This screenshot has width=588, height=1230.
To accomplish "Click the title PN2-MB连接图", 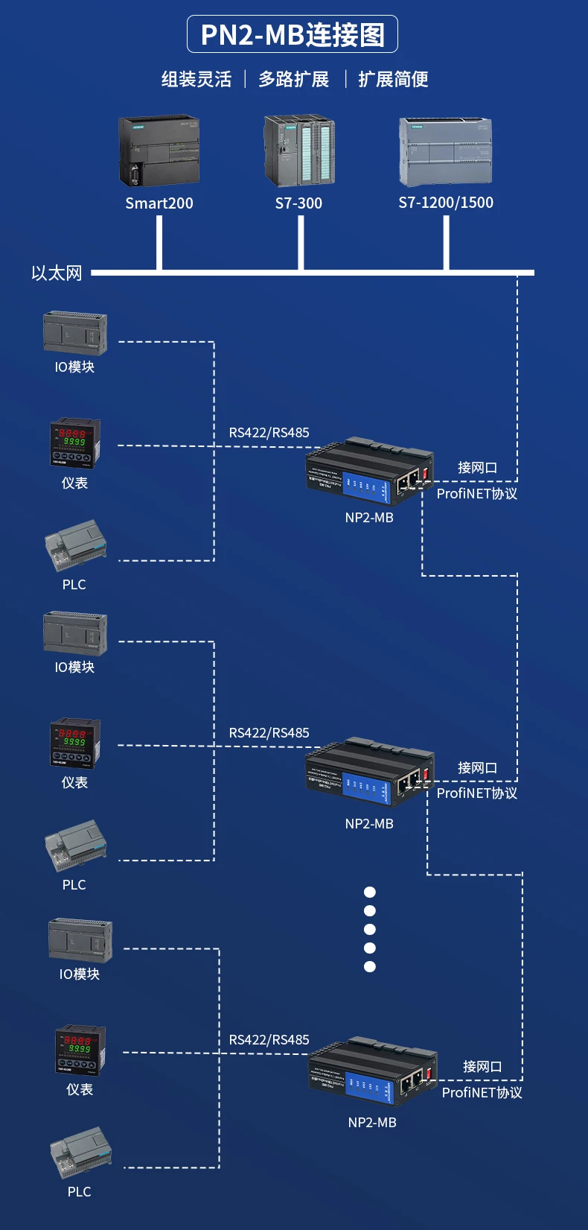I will [293, 35].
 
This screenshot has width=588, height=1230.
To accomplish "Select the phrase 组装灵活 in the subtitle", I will [196, 79].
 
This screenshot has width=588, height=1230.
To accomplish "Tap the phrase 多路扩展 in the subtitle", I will [294, 79].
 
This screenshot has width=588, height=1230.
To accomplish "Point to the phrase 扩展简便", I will [393, 79].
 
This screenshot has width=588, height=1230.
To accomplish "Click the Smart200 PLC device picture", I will [159, 151].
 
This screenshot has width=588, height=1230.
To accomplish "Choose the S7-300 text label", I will [298, 203].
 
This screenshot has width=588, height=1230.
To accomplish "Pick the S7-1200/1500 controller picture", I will [445, 151].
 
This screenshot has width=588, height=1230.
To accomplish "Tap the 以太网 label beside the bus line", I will [57, 273].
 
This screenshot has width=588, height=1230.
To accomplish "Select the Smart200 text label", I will [159, 203].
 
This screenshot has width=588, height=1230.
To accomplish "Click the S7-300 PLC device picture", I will [299, 150].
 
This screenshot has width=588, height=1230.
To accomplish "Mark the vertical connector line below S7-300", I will [301, 243].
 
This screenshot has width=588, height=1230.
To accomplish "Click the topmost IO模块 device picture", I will [75, 334].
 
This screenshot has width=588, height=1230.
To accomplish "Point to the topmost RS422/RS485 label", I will [269, 432].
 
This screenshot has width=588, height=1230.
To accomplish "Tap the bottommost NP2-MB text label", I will [372, 1122].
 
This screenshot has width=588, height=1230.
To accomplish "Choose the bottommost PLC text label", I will [79, 1191].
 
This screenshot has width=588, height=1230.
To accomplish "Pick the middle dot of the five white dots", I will [370, 929].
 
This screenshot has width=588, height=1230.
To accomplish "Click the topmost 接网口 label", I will [477, 467].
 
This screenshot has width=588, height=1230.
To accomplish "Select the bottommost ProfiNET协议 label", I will [482, 1092].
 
